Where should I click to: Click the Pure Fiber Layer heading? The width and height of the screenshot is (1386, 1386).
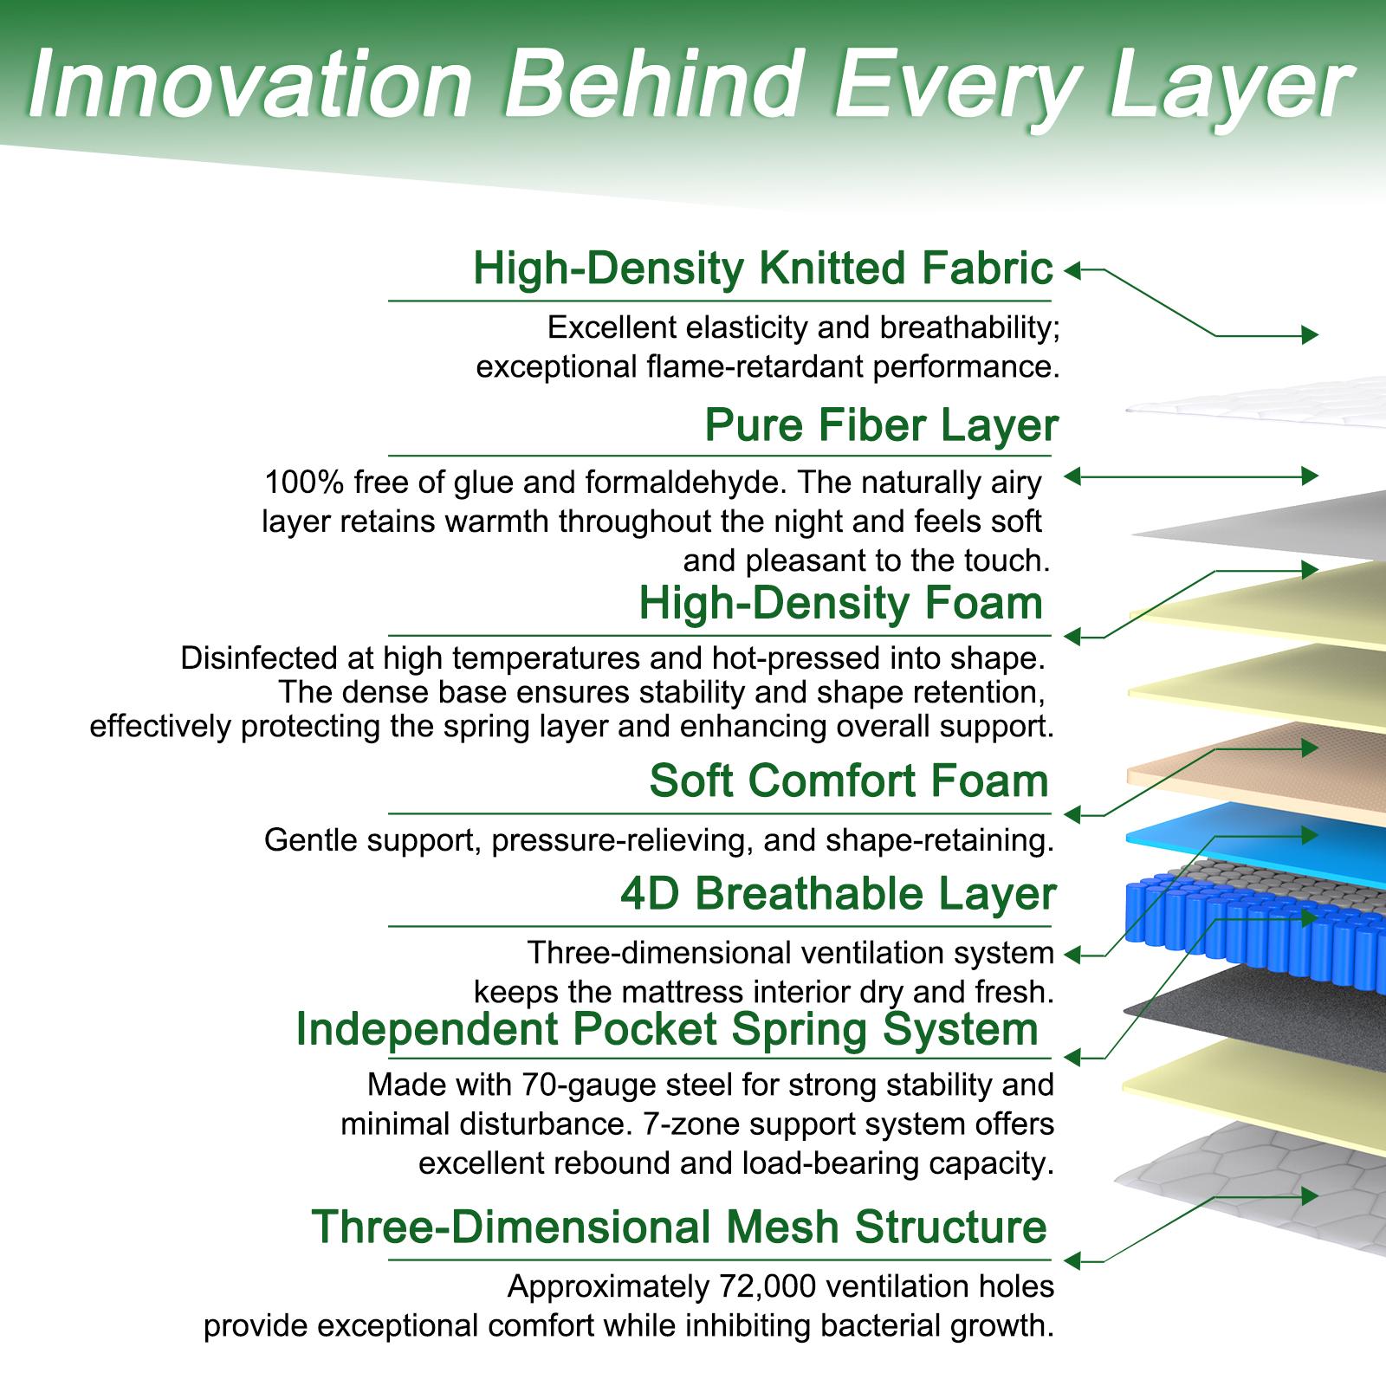pyautogui.click(x=881, y=425)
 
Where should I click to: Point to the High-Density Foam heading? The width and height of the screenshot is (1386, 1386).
pyautogui.click(x=840, y=603)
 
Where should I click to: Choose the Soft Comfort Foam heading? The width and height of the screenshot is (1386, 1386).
pyautogui.click(x=849, y=780)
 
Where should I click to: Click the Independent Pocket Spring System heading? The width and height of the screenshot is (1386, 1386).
pyautogui.click(x=667, y=1029)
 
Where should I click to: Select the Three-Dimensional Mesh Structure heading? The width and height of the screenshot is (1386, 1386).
pyautogui.click(x=679, y=1227)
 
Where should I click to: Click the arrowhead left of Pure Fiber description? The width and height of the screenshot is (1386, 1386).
pyautogui.click(x=1072, y=476)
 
